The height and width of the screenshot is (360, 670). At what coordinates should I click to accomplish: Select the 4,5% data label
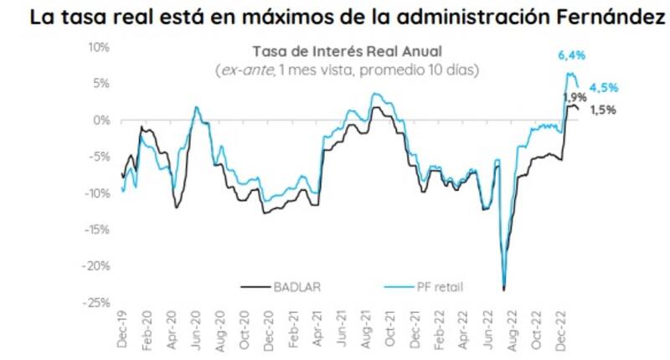(604, 88)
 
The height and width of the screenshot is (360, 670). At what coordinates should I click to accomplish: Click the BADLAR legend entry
(292, 287)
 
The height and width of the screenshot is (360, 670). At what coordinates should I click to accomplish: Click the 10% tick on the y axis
(98, 47)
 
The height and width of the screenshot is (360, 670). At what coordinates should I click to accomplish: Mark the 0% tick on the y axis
(100, 120)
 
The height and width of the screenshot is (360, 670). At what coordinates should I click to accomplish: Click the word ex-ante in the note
(242, 70)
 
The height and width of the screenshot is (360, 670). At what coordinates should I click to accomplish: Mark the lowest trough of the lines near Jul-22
(503, 290)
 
